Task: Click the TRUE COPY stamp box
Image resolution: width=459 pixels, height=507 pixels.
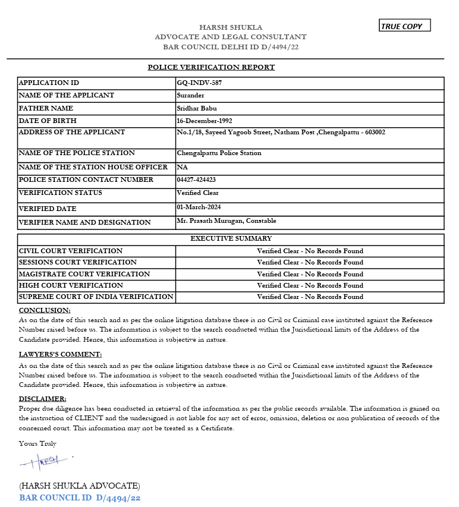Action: coord(404,26)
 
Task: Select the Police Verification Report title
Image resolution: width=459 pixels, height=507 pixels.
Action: coord(211,67)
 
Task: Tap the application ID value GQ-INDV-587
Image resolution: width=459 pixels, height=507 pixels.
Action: coord(199,83)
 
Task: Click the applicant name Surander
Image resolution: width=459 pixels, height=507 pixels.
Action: coord(190,95)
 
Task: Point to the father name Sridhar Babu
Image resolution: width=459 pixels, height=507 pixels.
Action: coord(197,108)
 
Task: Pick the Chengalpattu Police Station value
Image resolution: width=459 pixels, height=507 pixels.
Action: coord(219,153)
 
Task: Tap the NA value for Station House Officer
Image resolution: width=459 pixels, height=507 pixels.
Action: coord(182,167)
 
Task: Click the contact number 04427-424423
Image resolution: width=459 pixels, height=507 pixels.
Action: coord(196,180)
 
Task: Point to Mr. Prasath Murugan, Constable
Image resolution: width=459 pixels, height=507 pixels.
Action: coord(227,221)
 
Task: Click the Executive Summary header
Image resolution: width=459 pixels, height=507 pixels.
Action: coord(231,238)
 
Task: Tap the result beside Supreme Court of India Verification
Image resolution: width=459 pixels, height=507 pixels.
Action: coord(310,297)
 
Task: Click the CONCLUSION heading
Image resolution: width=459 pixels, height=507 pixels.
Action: coord(45,310)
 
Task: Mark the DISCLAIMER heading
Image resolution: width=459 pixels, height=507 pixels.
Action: coord(43,399)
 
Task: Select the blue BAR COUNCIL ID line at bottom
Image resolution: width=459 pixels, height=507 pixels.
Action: coord(80,498)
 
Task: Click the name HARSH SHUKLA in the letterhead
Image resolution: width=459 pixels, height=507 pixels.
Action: coord(231,27)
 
